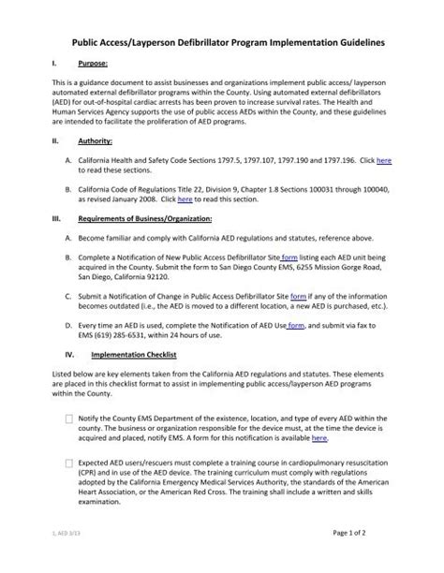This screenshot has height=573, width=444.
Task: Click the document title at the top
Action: click(222, 43)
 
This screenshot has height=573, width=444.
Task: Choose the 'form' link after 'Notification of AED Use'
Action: click(295, 326)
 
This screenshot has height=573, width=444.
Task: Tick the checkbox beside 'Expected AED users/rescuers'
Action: click(71, 463)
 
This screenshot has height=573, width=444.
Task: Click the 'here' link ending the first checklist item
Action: click(319, 437)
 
